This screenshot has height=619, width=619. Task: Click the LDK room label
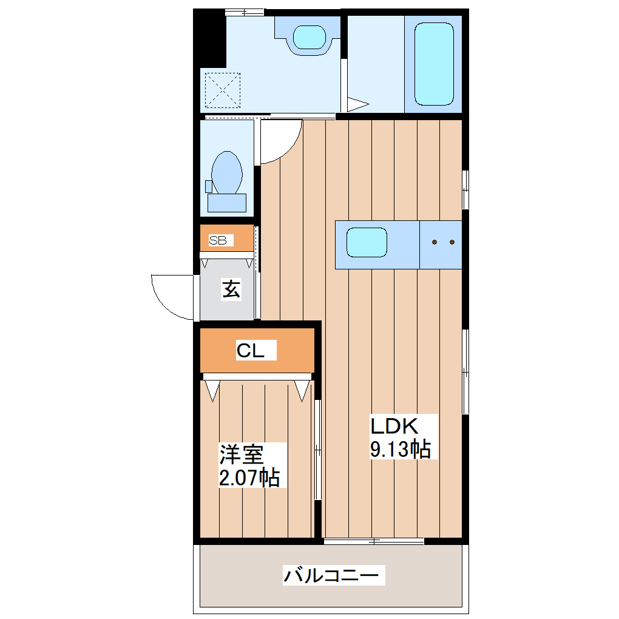[x=394, y=426]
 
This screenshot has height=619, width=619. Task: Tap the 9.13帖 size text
[x=401, y=449]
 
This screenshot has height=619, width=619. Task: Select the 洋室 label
[x=242, y=455]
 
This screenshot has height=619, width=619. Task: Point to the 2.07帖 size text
[x=249, y=477]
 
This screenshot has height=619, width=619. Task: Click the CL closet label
[x=250, y=350]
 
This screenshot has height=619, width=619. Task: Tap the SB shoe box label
[x=217, y=240]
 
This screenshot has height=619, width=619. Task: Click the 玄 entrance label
[x=231, y=289]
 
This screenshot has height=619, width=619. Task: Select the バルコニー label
[x=331, y=575]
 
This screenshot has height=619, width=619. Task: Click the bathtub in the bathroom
[x=434, y=64]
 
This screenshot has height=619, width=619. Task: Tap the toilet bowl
[x=226, y=173]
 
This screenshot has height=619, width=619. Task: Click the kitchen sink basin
[x=367, y=242]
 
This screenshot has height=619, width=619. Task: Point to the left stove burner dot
[x=435, y=242]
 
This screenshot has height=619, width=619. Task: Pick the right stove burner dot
[x=452, y=242]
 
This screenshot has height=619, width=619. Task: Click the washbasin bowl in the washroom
[x=309, y=38]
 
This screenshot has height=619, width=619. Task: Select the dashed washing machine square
[x=223, y=90]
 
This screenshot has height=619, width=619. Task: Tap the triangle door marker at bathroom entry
[x=358, y=104]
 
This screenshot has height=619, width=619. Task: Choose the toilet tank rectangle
[x=227, y=203]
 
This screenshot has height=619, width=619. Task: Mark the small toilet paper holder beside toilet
[x=208, y=186]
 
